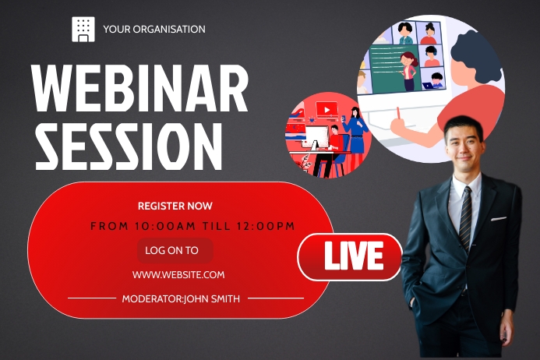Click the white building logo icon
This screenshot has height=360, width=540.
(x=83, y=29)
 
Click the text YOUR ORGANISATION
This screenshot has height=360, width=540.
(x=154, y=30)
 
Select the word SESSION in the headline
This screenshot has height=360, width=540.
(x=129, y=146)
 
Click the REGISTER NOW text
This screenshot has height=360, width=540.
(x=175, y=206)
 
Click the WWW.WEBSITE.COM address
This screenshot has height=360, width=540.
(x=178, y=274)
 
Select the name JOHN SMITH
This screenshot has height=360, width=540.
(x=212, y=298)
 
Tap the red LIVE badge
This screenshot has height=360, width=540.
(x=350, y=256)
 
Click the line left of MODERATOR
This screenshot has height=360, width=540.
(x=92, y=298)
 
